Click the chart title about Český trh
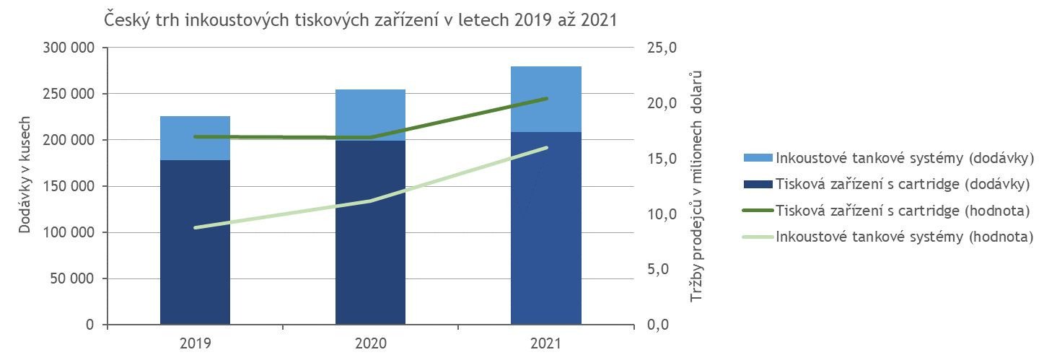[x=361, y=19]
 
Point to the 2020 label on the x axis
[x=370, y=343]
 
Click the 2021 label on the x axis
[x=546, y=343]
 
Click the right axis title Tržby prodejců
[x=696, y=186]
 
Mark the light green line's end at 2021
[x=546, y=148]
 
